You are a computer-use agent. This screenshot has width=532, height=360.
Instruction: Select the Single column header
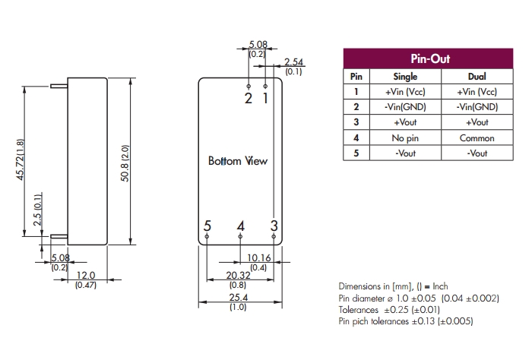(405, 76)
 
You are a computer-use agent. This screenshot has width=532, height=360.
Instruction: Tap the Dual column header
(477, 76)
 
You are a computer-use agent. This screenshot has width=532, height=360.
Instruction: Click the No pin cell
(405, 138)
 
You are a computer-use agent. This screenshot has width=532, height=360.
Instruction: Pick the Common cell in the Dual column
(477, 138)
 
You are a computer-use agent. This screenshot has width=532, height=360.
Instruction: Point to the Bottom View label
(237, 161)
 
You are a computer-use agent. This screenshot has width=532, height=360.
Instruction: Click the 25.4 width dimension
(238, 298)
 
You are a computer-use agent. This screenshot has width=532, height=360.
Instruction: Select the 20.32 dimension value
(238, 277)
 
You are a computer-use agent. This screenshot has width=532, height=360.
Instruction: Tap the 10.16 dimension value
(258, 257)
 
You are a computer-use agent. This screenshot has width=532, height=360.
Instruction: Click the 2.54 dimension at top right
(293, 62)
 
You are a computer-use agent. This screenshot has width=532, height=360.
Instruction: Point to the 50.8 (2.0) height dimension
(125, 163)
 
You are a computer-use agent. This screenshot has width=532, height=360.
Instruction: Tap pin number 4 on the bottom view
(240, 226)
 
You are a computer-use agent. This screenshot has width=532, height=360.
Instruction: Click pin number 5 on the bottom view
(207, 226)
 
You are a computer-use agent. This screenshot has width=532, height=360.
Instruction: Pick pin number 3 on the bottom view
(274, 226)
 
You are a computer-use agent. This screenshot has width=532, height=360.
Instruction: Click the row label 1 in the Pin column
(356, 91)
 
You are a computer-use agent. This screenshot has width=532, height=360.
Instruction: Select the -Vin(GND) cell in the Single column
(405, 107)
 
